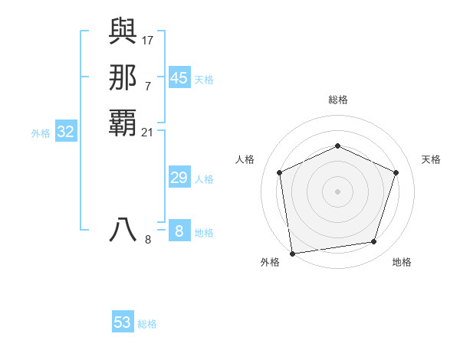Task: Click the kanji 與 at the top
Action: click(x=123, y=31)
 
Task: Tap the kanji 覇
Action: click(x=123, y=123)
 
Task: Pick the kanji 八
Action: click(x=123, y=231)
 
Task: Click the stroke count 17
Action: click(x=148, y=39)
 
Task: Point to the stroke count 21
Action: click(x=148, y=133)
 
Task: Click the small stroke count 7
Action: click(x=148, y=85)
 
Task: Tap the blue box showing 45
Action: click(x=179, y=78)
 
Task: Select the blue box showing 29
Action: click(x=179, y=178)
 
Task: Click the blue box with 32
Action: click(x=66, y=132)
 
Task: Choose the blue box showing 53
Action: click(x=123, y=322)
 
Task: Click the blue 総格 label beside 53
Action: click(x=147, y=324)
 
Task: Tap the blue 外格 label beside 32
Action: click(x=41, y=133)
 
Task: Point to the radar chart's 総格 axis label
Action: click(x=338, y=100)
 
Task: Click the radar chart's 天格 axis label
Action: click(x=431, y=159)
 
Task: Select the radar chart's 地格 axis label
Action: click(x=402, y=262)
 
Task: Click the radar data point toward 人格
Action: click(x=280, y=172)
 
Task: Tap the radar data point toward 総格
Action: click(x=337, y=146)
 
